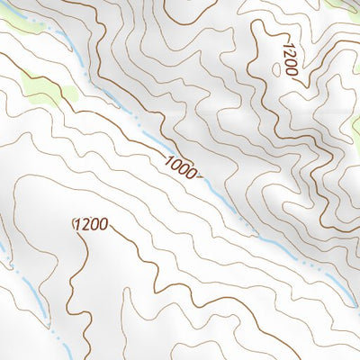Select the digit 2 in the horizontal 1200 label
pyautogui.click(x=85, y=223)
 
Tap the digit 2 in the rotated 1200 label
pyautogui.click(x=289, y=51)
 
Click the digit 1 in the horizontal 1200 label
pyautogui.click(x=77, y=223)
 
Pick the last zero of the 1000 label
pyautogui.click(x=192, y=173)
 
